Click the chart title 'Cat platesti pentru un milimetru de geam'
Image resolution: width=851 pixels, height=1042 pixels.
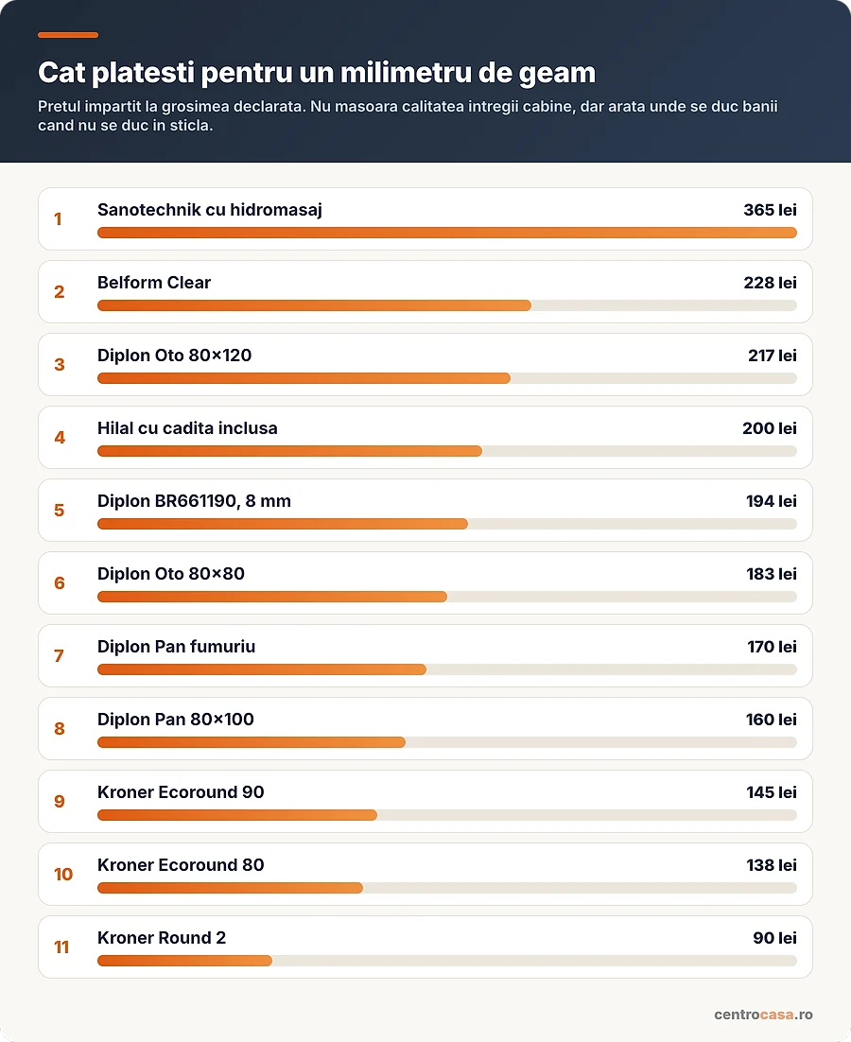pos(316,73)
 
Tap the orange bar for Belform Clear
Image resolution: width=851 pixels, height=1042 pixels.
pos(314,305)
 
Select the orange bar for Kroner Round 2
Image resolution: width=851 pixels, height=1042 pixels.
pos(184,961)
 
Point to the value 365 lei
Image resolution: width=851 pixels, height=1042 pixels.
pos(770,210)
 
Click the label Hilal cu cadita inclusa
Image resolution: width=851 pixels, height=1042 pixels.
pos(187,428)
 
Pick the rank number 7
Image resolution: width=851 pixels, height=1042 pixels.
pos(60,656)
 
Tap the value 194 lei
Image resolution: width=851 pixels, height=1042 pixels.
pos(772,501)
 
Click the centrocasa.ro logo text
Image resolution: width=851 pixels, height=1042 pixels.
pos(763,1014)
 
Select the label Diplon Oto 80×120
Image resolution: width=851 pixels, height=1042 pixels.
pos(174,356)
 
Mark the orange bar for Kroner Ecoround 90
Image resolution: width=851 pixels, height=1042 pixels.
pos(237,815)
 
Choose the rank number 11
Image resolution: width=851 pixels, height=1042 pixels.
pos(61,946)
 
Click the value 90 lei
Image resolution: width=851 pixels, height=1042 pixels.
pos(774,938)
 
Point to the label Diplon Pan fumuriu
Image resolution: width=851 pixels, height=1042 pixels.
pos(176,647)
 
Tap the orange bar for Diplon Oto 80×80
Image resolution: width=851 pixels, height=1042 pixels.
pos(272,597)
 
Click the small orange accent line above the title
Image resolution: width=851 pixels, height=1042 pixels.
pos(68,35)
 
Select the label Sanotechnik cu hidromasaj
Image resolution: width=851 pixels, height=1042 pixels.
pos(209,210)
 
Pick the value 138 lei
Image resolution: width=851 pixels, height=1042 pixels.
pos(772,865)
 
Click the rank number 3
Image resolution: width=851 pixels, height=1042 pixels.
pos(60,365)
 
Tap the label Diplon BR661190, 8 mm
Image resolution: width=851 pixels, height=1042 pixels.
pos(194,501)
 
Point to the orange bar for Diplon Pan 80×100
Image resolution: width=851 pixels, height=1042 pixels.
pos(252,742)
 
